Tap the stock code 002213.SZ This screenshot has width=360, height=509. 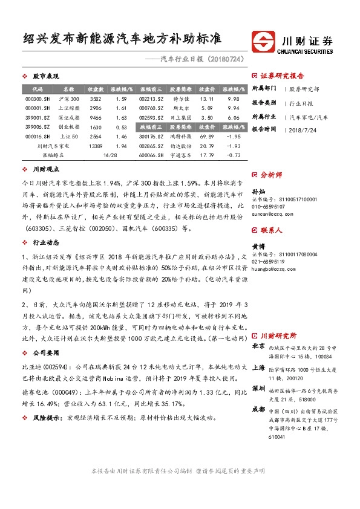pos(151,99)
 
